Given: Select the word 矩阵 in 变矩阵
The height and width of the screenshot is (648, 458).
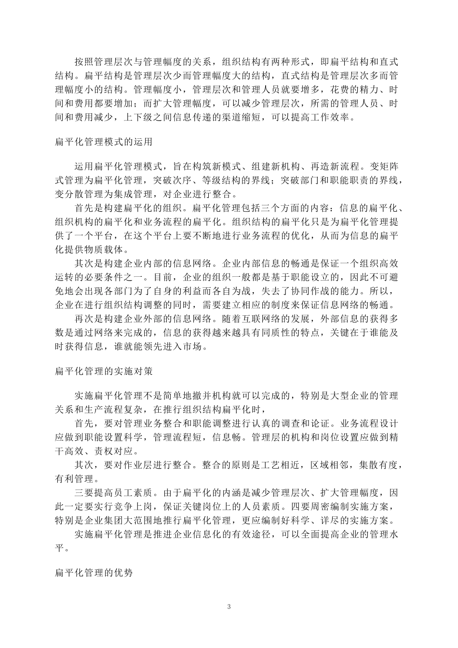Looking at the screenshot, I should pos(389,167).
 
